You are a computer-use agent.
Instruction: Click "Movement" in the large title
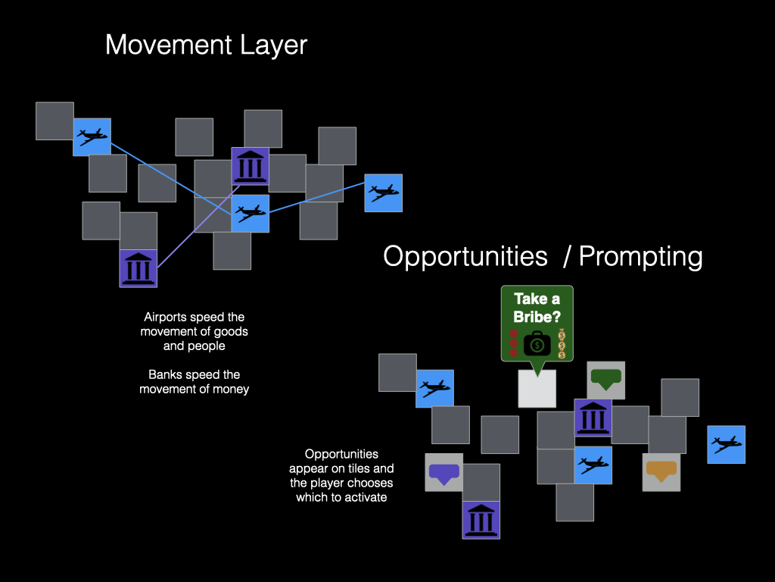pos(169,45)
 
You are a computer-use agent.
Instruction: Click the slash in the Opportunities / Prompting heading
pos(567,256)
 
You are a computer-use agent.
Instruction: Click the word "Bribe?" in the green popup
pos(537,317)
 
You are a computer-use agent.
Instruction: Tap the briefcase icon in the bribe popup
pos(537,343)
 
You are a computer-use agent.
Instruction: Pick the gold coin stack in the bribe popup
pos(562,344)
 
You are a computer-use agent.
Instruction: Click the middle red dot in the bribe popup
pos(514,343)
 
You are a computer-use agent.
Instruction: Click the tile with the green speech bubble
pos(606,380)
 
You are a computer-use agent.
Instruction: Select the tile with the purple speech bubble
pos(444,472)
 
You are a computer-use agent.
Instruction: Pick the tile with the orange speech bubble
pos(661,472)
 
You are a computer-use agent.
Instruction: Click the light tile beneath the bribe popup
pos(537,389)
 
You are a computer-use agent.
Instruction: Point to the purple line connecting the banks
pos(199,227)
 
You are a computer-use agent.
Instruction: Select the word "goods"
pos(232,332)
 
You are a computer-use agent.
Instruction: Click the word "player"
pos(330,483)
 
